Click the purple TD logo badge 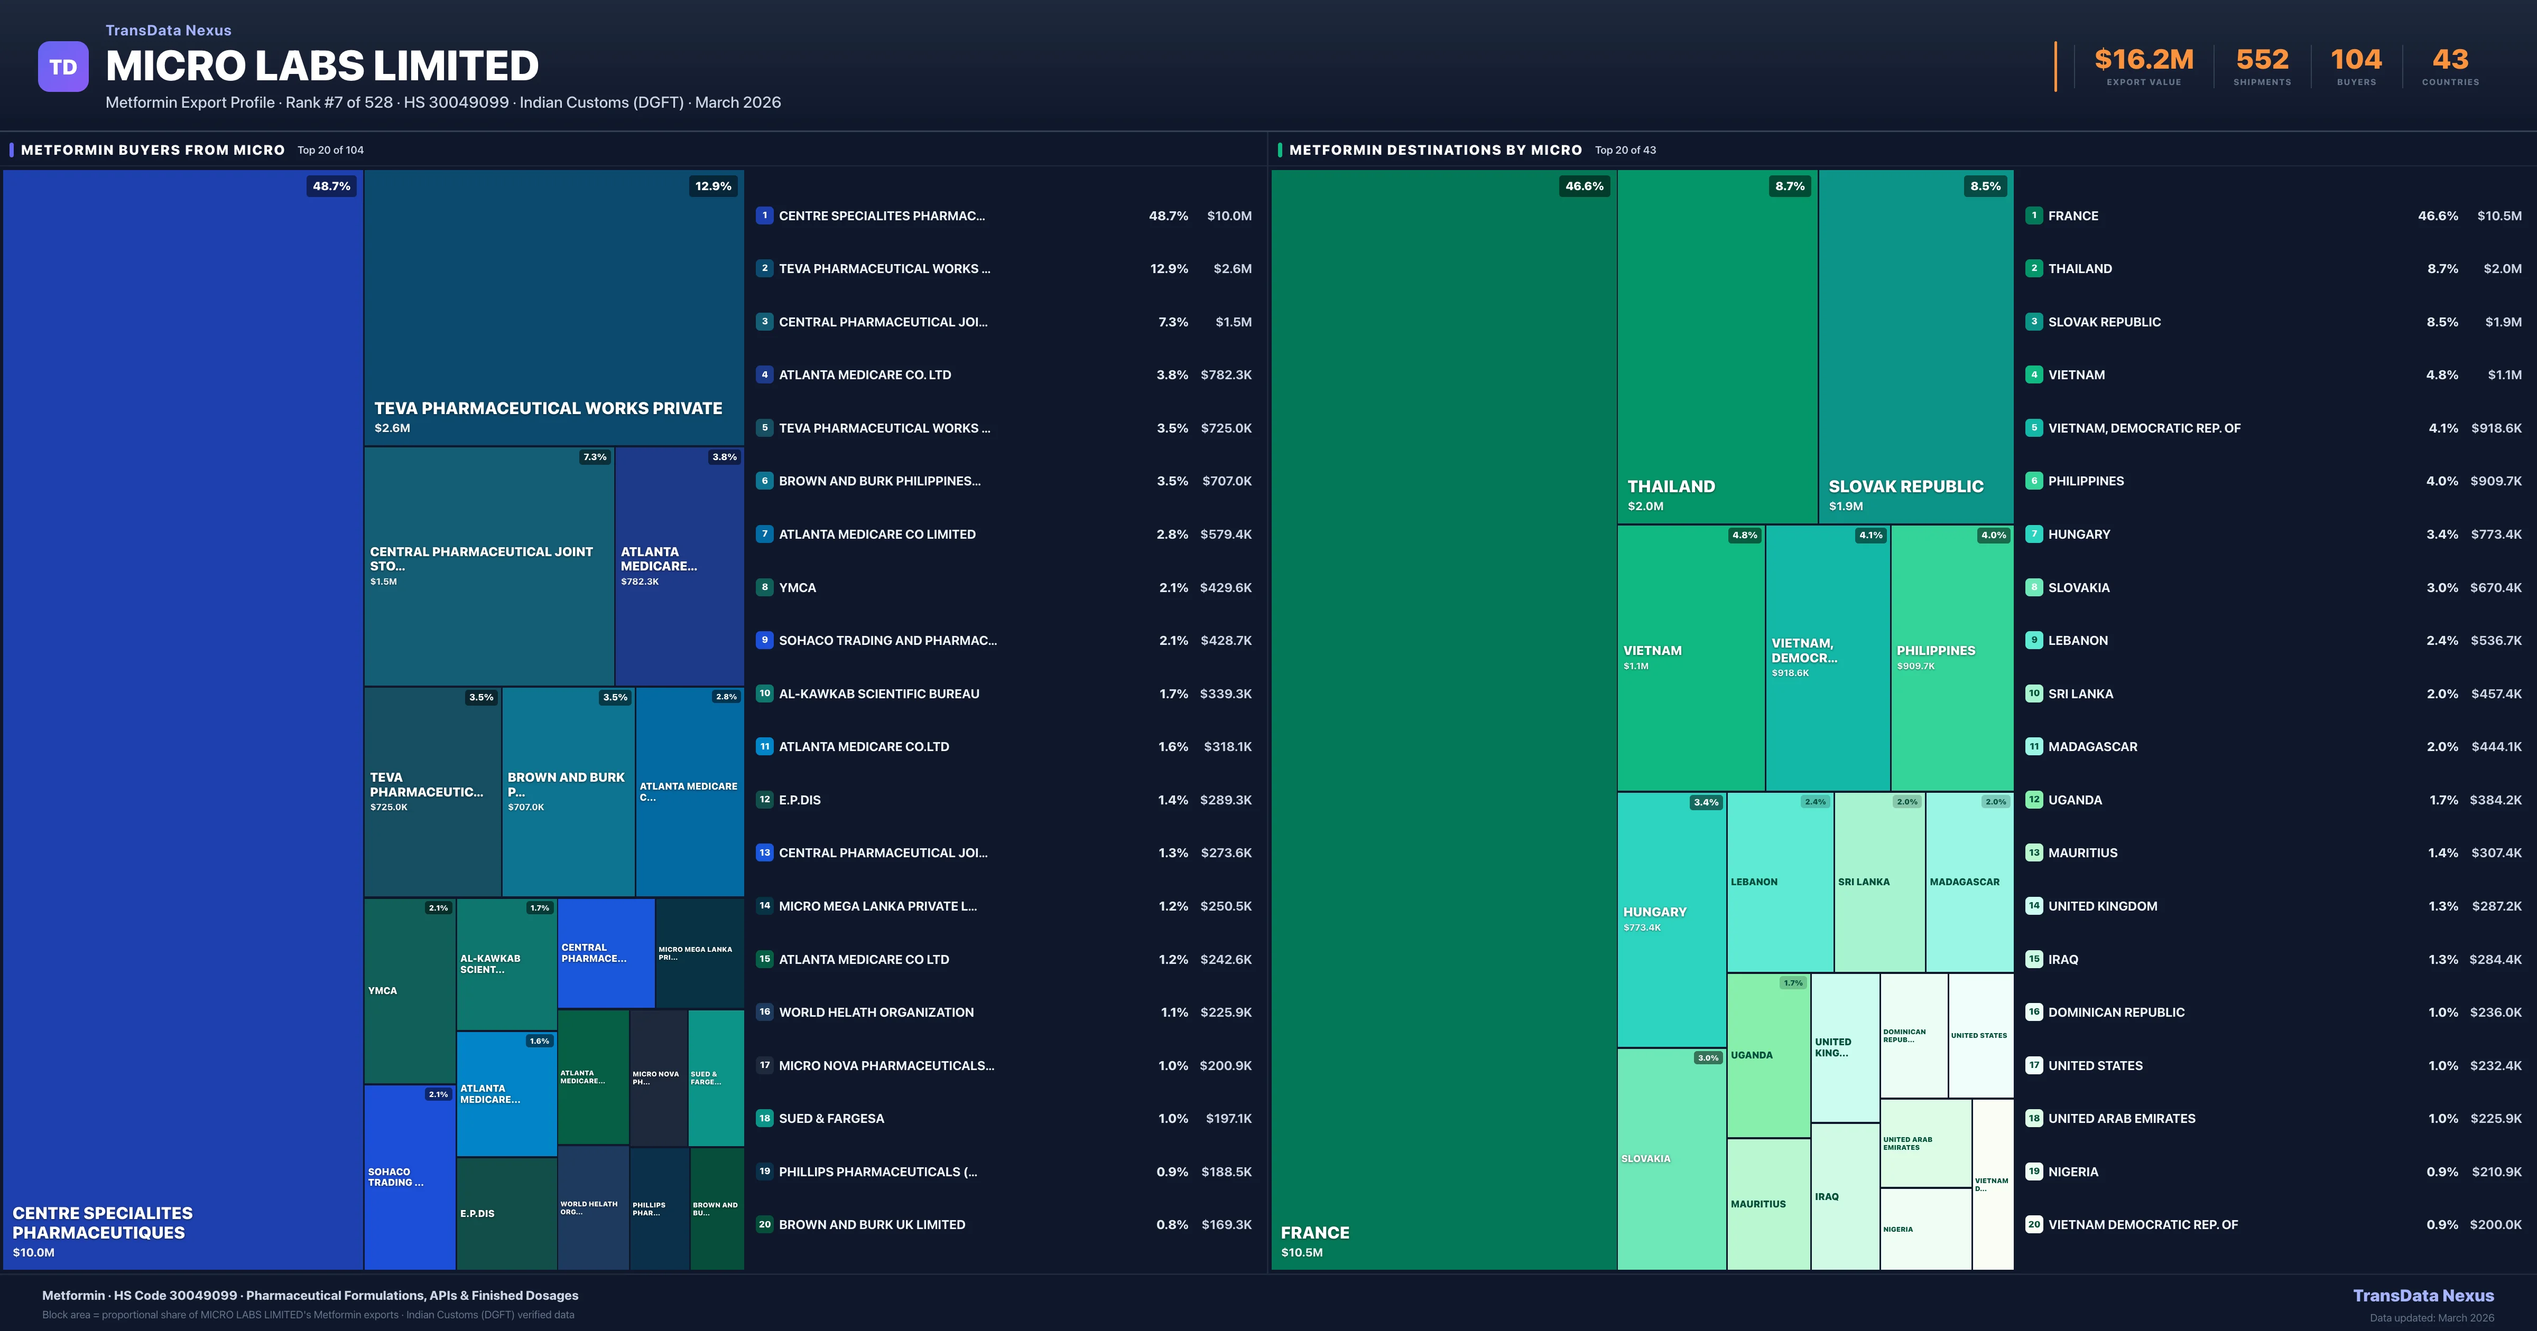pyautogui.click(x=63, y=67)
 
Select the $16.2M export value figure pyautogui.click(x=2143, y=60)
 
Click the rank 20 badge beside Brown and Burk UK pyautogui.click(x=764, y=1225)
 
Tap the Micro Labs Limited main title pyautogui.click(x=322, y=66)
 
